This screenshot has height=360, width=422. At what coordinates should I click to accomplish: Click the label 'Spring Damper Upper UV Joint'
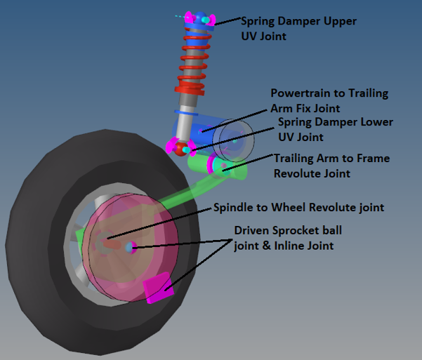point(298,28)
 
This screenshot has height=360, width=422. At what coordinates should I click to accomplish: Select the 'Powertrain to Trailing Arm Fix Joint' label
point(329,100)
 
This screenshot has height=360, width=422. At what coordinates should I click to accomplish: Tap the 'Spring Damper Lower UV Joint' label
point(335,128)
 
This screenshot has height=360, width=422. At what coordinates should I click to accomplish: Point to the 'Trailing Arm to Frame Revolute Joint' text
point(331,166)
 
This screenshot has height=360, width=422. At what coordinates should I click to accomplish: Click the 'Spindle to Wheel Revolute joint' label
point(299,208)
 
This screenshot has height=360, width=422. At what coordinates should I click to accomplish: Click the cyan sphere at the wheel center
point(130,247)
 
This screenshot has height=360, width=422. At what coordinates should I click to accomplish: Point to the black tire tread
point(42,232)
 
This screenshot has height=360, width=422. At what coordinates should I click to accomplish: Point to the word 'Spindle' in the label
point(234,208)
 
